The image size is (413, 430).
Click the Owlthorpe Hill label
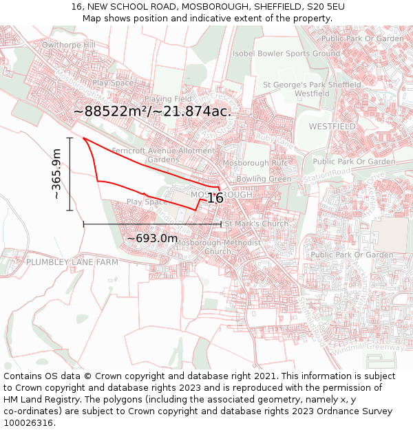point(68,45)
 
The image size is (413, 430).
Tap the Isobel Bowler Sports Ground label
point(286,53)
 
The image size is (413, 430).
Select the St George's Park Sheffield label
point(313,85)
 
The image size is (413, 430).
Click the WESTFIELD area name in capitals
point(332,127)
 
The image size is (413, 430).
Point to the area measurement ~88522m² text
point(110,111)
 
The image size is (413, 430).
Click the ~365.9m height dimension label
point(57,175)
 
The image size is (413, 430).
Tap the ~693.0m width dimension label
point(152,238)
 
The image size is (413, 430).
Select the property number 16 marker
point(215,198)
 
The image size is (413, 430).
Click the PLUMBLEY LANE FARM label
point(72,262)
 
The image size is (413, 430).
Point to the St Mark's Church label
point(257,224)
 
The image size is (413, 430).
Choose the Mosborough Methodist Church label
point(218,247)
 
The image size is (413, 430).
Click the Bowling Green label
point(264,179)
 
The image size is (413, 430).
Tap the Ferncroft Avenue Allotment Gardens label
point(163,155)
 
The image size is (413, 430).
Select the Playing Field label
point(168,99)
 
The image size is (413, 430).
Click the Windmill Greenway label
point(368,348)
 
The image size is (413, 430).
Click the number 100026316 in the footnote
point(28,423)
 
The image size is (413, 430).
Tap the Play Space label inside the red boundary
point(147,202)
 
